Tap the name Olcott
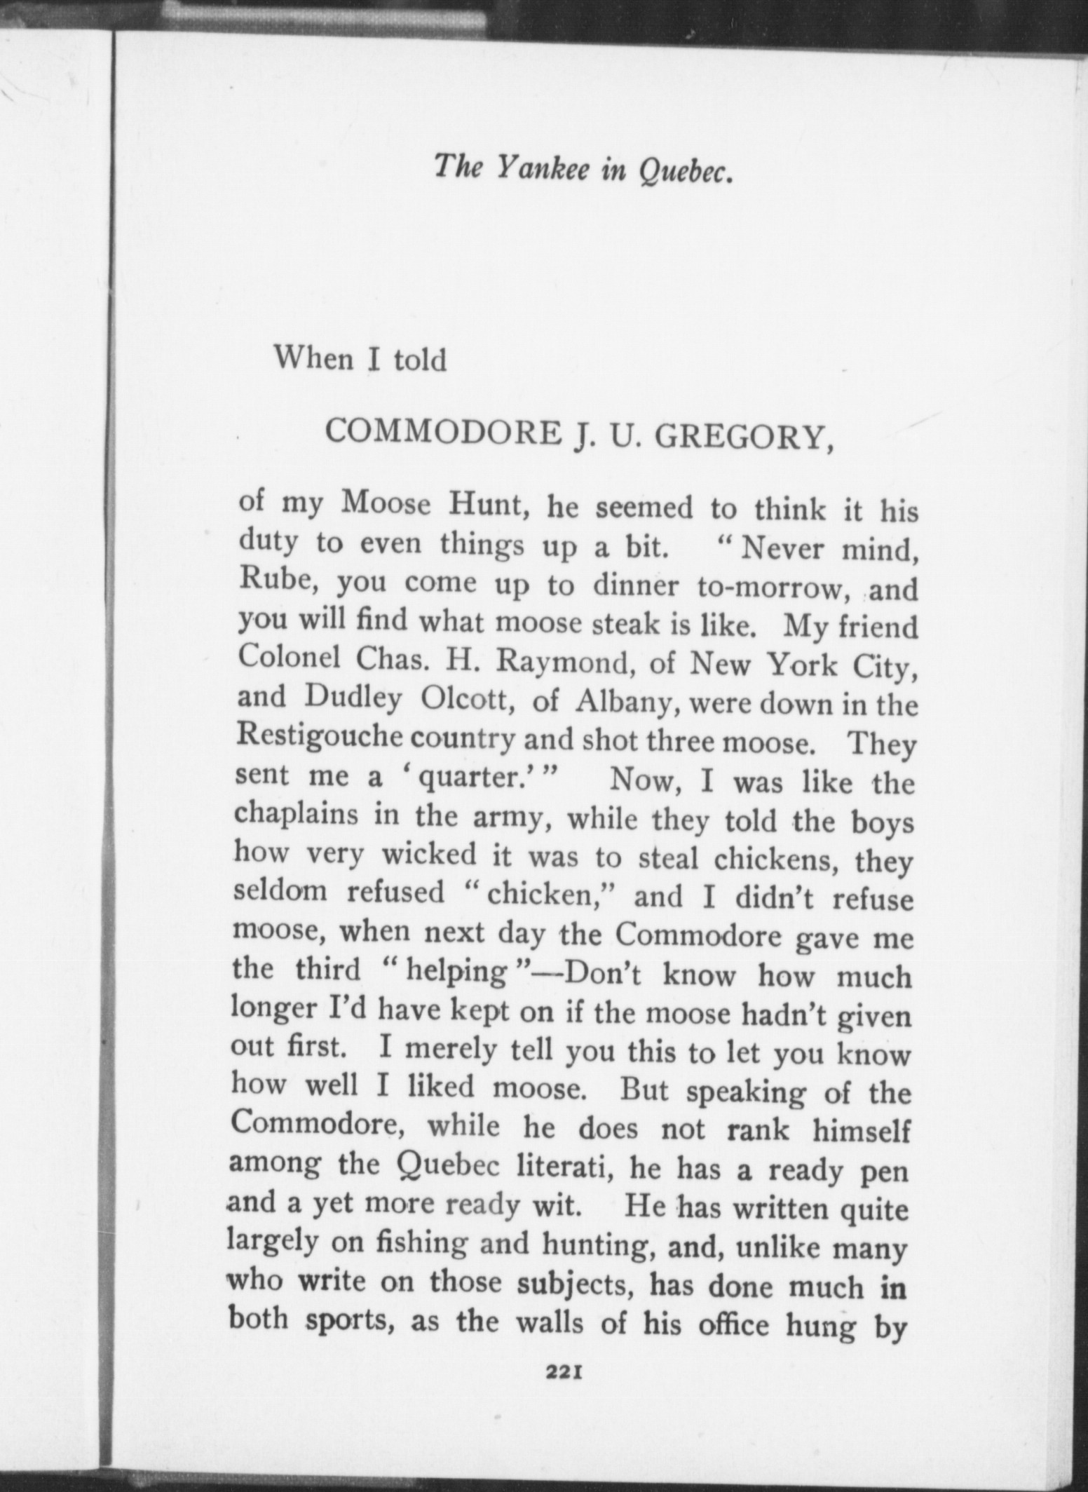468,698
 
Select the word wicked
429,854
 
